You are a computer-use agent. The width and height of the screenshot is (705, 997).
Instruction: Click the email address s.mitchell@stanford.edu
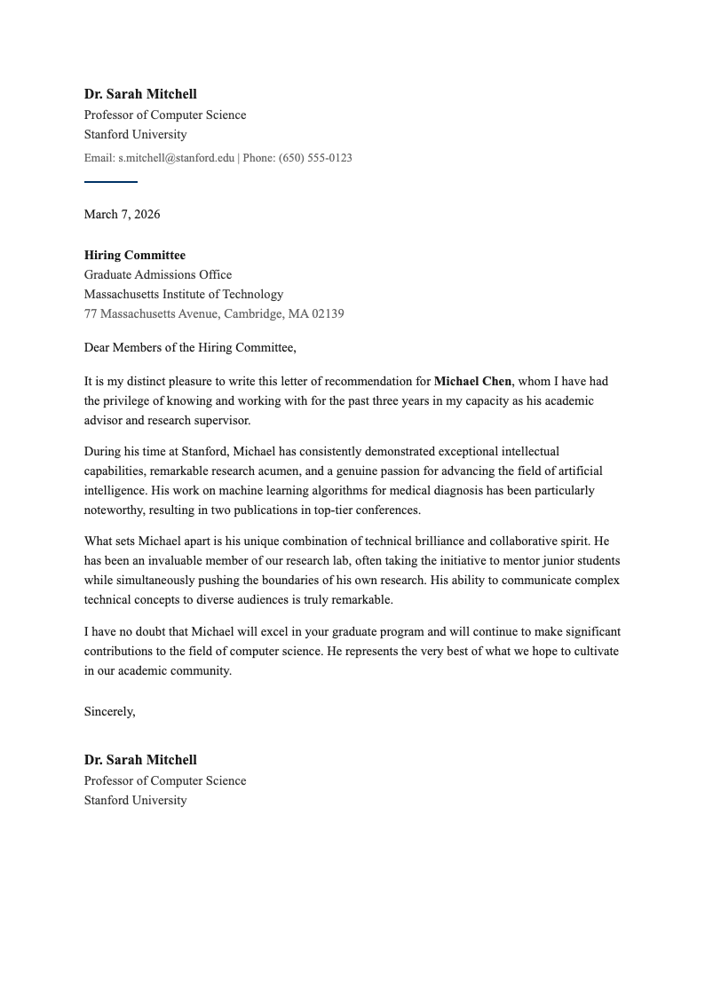pyautogui.click(x=176, y=158)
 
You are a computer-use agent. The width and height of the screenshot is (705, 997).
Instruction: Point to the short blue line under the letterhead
pyautogui.click(x=110, y=182)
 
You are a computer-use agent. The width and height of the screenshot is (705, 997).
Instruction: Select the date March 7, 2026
pyautogui.click(x=122, y=214)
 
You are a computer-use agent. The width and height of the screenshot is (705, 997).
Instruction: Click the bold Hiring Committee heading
pyautogui.click(x=135, y=255)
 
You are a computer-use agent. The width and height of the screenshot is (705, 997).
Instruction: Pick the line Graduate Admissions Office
pyautogui.click(x=158, y=274)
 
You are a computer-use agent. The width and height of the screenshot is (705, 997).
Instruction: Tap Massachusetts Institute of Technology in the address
pyautogui.click(x=184, y=294)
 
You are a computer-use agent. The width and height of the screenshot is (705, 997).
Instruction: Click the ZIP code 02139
pyautogui.click(x=328, y=313)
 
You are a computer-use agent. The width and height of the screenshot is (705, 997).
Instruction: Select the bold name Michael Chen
pyautogui.click(x=472, y=381)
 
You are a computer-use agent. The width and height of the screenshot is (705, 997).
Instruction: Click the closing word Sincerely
pyautogui.click(x=108, y=711)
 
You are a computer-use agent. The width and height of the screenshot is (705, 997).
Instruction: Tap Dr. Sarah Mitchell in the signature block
pyautogui.click(x=140, y=760)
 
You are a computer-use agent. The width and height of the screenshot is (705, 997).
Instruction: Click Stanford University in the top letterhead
pyautogui.click(x=135, y=134)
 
